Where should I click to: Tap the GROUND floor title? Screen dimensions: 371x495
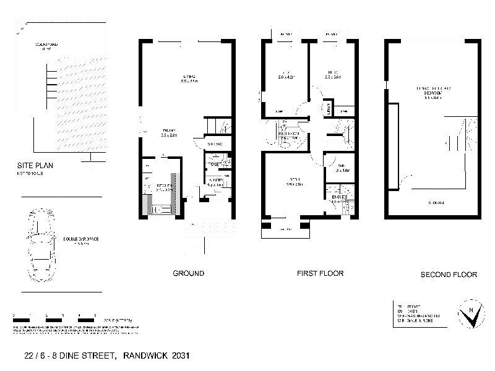[188, 273]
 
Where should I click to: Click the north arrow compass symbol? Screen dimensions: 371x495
[473, 314]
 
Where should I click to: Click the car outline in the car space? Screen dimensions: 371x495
[39, 245]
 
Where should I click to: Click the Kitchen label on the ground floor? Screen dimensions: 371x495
[163, 187]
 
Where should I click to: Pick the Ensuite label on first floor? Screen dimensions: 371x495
[338, 198]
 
